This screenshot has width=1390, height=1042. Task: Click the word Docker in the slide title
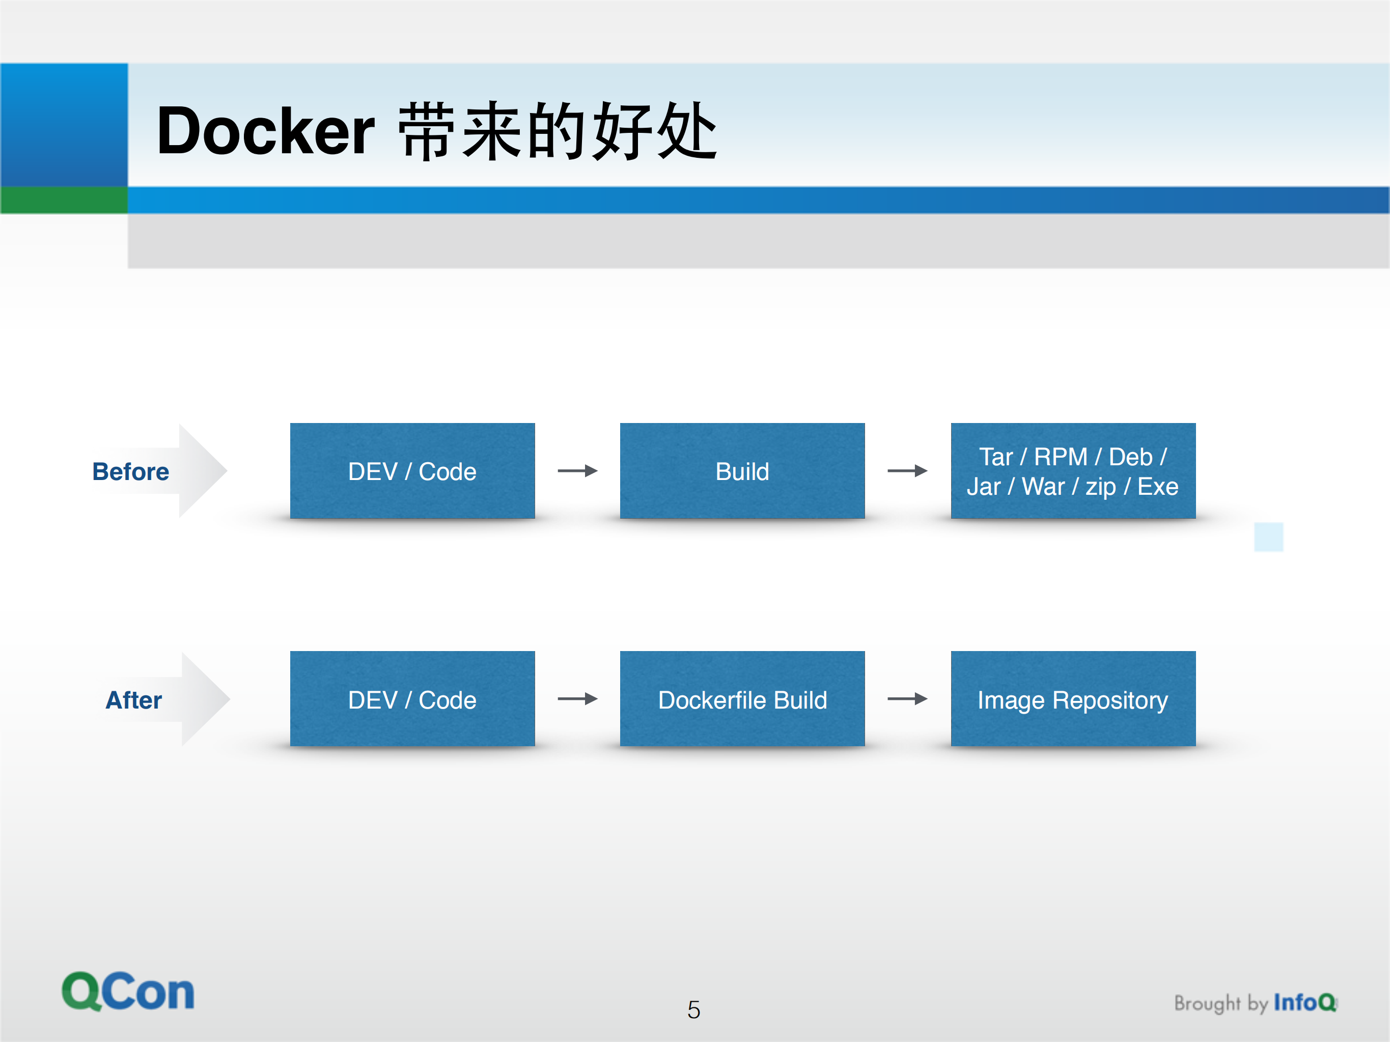click(265, 131)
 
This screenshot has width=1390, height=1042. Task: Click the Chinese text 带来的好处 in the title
click(558, 131)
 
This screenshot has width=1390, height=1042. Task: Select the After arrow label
click(133, 700)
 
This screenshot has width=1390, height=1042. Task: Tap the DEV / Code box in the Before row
click(412, 471)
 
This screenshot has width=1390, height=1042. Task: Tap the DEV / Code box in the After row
click(412, 699)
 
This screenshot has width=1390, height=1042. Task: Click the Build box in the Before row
click(742, 471)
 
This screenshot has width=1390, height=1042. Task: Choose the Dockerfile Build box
click(742, 699)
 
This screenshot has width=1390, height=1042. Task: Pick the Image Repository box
click(1073, 699)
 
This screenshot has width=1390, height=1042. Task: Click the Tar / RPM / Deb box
click(1073, 471)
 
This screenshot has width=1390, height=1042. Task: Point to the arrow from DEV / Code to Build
click(577, 471)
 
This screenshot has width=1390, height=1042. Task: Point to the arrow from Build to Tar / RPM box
click(907, 471)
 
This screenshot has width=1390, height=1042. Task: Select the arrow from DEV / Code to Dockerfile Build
click(577, 699)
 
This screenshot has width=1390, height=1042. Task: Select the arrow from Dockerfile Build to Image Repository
click(907, 699)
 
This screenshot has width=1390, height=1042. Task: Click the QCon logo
click(128, 992)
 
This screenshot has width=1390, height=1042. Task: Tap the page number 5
click(694, 1010)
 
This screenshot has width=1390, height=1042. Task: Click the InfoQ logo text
click(1304, 1002)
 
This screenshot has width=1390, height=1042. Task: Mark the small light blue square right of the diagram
click(1268, 537)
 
